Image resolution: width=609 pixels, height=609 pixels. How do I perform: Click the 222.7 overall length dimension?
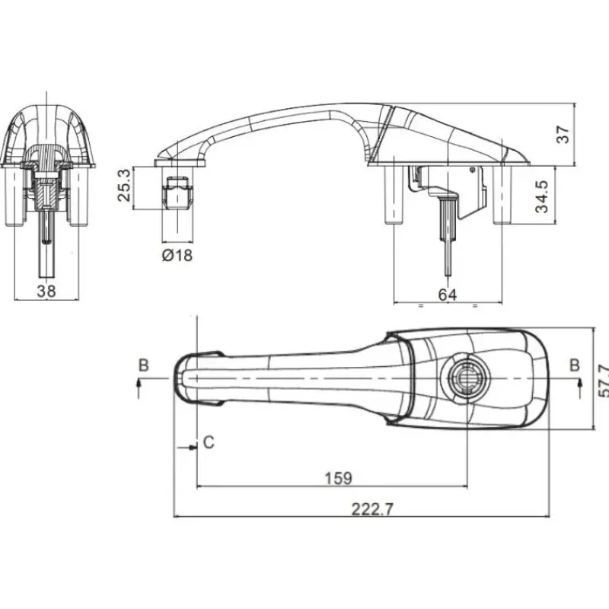372,509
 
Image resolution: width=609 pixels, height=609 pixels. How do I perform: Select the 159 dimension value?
338,479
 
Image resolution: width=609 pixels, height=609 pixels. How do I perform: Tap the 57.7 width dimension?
603,381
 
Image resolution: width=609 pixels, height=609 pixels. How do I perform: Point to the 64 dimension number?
448,295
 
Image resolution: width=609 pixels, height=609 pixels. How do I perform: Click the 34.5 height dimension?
542,196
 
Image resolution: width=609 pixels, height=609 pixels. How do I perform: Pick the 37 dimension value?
563,135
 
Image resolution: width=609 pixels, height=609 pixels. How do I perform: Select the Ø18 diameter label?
177,255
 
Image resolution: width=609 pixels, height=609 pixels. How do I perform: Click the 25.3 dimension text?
123,185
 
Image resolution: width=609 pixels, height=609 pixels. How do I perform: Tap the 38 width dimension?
46,291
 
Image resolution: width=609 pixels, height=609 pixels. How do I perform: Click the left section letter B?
144,365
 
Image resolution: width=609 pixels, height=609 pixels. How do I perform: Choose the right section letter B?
575,365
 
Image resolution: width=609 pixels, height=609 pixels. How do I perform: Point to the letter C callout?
209,442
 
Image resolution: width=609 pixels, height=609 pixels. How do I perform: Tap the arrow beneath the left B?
139,388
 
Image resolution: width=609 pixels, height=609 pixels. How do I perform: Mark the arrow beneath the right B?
580,388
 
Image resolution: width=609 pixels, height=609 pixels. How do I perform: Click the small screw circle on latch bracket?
473,170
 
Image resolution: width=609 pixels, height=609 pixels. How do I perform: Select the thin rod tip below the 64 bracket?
448,274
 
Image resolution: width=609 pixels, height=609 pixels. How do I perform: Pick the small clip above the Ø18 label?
177,193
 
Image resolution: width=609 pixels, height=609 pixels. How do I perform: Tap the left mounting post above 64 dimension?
394,195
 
